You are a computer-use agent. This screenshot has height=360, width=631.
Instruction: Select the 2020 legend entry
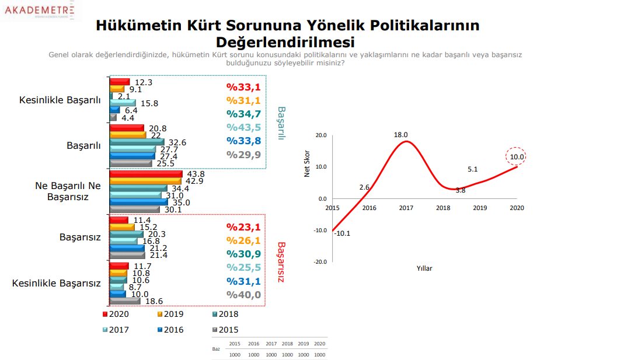coord(116,314)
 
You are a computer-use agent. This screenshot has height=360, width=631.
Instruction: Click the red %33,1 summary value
coord(243,88)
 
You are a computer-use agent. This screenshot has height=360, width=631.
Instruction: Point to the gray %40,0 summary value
coord(243,295)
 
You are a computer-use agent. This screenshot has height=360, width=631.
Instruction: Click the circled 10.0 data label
coord(516,156)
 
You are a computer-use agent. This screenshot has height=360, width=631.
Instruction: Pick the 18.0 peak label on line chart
coord(400,135)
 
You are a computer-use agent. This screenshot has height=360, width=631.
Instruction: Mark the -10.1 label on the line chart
coord(343,234)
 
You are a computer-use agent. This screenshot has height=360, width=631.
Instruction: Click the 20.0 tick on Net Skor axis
coord(320,135)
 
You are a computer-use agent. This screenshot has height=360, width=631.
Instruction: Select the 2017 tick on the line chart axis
coord(406,208)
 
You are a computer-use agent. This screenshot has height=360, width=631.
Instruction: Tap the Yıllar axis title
coord(424,268)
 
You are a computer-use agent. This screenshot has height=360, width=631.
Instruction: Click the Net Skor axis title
coord(307,163)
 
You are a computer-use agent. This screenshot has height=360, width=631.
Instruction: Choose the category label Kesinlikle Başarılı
coord(60,100)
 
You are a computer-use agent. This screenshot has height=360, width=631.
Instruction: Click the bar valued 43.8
coord(146,174)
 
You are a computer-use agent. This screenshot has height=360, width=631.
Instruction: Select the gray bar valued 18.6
coord(125,301)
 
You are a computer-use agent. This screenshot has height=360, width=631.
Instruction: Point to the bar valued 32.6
coord(137,142)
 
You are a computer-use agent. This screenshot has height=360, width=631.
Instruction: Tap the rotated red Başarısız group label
coord(280,263)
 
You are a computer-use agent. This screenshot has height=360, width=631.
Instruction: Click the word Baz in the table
coord(216,348)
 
